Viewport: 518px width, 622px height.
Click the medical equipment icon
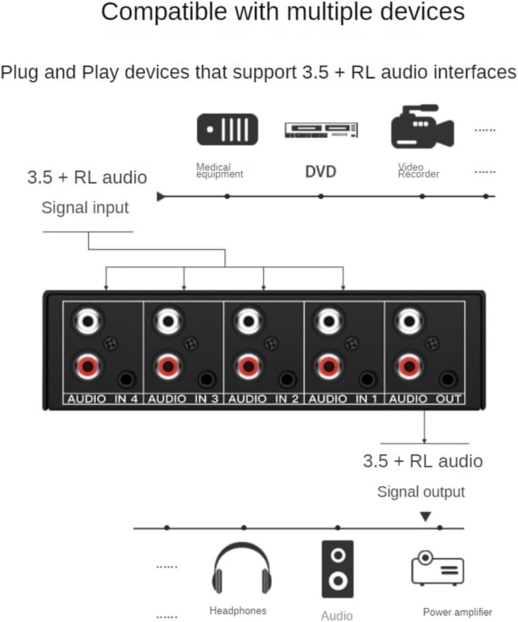[x=227, y=129]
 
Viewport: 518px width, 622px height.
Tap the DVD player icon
[x=321, y=130]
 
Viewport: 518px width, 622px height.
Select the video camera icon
[x=422, y=126]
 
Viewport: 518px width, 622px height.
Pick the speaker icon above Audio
[x=337, y=568]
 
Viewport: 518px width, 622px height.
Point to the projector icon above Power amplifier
[x=437, y=569]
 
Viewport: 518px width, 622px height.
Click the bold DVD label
[x=321, y=172]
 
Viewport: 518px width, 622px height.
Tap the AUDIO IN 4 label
[x=102, y=399]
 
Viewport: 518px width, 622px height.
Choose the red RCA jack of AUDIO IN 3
[x=168, y=366]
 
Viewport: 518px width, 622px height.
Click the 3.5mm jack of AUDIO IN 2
[x=286, y=380]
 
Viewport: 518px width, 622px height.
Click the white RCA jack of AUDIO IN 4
[x=88, y=322]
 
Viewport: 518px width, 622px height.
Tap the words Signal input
[x=85, y=207]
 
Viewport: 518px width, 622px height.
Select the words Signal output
[x=421, y=492]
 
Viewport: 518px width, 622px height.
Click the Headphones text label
[x=238, y=611]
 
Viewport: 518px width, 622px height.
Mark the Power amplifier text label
[x=457, y=612]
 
